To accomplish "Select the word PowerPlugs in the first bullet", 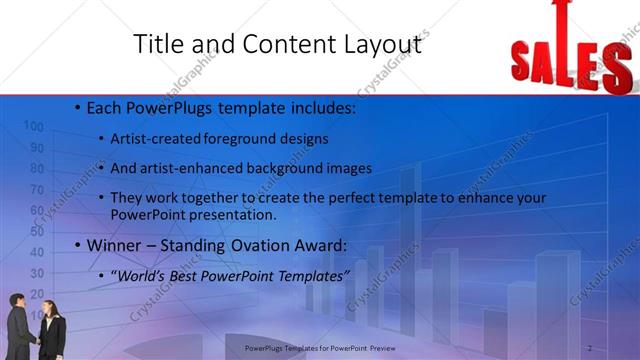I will coord(164,106).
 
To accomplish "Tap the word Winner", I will coord(117,245).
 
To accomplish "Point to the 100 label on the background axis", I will coord(33,126).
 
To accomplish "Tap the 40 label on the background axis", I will coord(37,253).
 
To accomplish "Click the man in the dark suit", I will coord(20,325).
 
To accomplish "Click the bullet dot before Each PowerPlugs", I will coord(78,106).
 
